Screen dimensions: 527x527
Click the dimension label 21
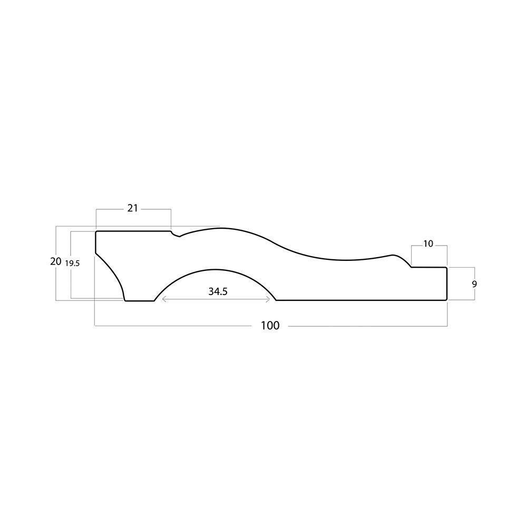[132, 208]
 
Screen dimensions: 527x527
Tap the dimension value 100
[270, 325]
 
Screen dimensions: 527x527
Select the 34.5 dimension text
[218, 291]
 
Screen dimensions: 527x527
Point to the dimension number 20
[56, 261]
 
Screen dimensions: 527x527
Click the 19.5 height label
[72, 263]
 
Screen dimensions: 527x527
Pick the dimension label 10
[428, 243]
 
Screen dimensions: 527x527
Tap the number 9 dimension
[474, 284]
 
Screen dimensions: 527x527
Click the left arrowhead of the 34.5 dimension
[163, 299]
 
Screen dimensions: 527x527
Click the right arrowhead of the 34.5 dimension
[269, 299]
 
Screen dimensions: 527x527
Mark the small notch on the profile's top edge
[175, 235]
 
